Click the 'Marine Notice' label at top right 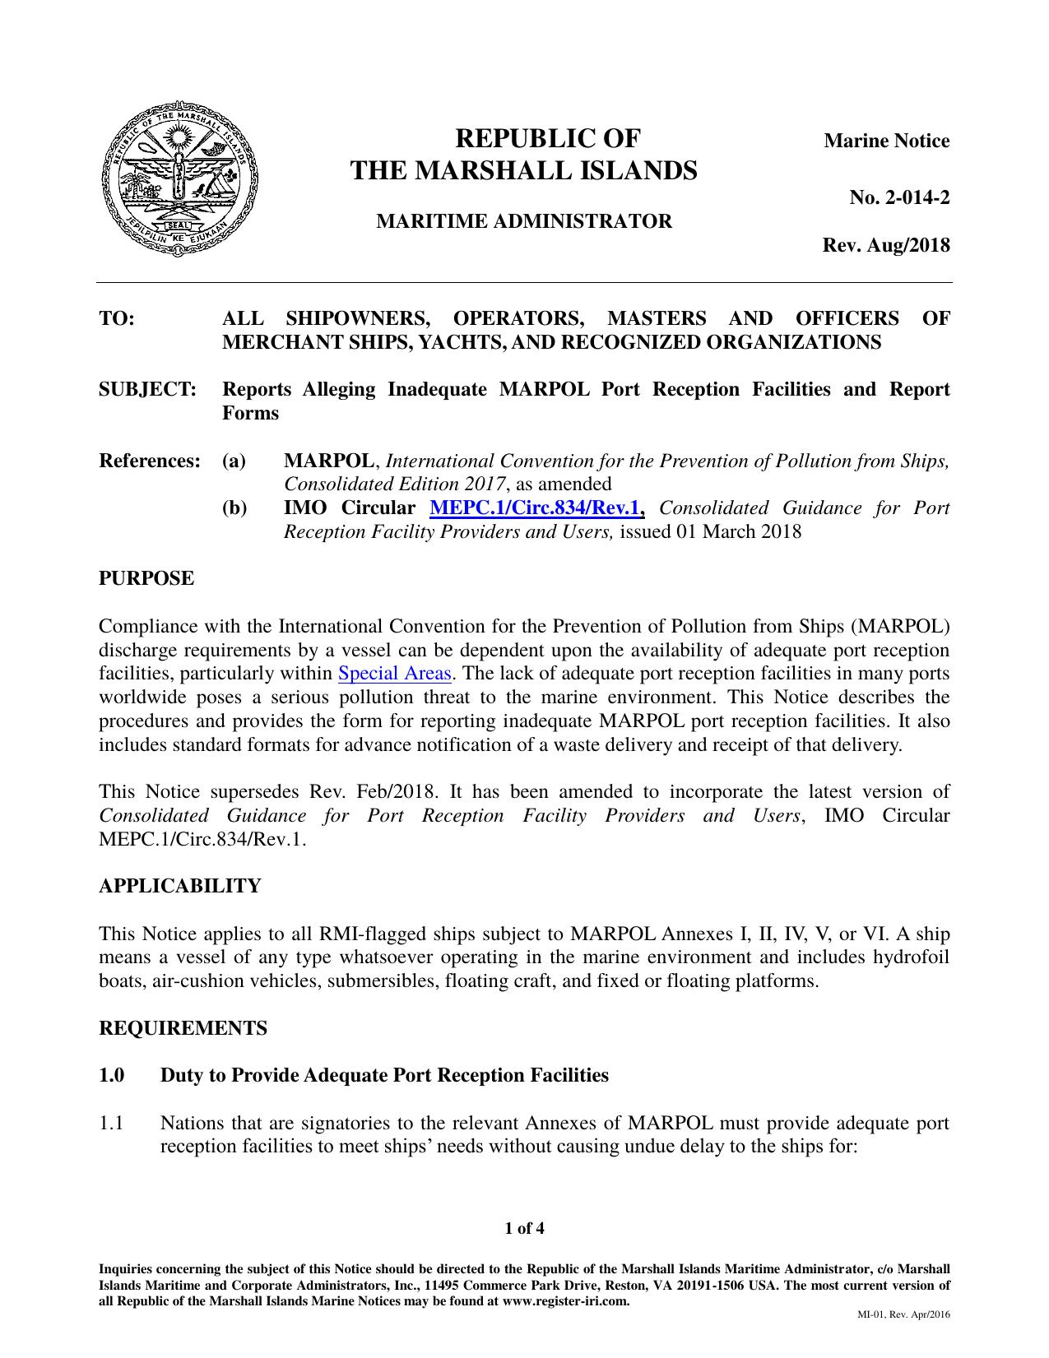point(886,141)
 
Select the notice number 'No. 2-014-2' point(899,197)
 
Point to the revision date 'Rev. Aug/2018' point(886,245)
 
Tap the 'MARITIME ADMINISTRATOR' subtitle point(523,221)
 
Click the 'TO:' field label point(117,318)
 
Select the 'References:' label point(150,461)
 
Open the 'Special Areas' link point(395,674)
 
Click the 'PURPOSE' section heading point(146,578)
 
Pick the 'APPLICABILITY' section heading point(179,886)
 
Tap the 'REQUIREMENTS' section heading point(183,1028)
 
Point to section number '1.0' point(112,1076)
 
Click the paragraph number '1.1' point(111,1124)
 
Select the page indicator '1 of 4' point(524,1230)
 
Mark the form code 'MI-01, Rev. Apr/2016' point(903,1314)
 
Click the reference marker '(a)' point(234,461)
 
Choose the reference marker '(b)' point(234,508)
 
